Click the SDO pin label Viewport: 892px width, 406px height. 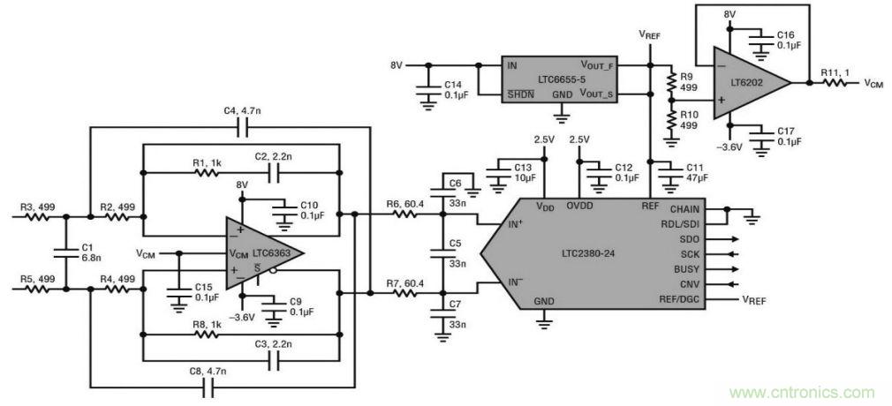[x=689, y=239]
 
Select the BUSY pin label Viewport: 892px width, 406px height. [x=684, y=269]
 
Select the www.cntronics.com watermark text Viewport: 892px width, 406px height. [x=802, y=393]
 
